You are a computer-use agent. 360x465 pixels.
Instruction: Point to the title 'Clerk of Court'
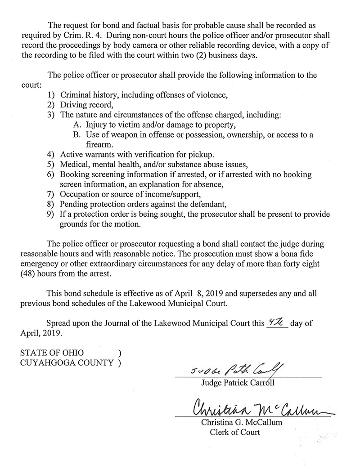pos(235,432)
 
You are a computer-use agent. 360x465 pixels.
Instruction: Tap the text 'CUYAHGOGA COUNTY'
pos(67,363)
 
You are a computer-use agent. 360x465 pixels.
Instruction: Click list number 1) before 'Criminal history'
pos(51,95)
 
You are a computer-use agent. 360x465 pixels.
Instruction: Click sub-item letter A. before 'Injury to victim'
pos(76,125)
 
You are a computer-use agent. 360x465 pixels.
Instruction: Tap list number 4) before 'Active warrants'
pos(51,155)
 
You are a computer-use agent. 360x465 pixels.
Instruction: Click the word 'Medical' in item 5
pos(74,165)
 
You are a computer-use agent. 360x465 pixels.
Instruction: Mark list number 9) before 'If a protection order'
pos(51,214)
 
